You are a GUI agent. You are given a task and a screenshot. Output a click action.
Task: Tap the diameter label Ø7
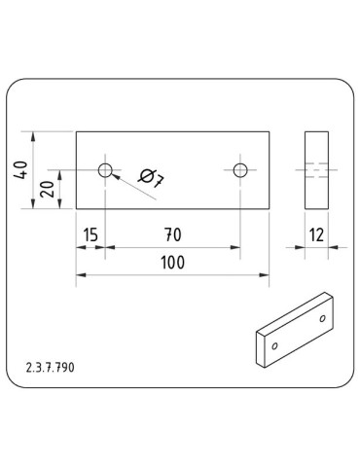152,178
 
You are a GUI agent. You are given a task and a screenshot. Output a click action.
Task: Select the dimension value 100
173,263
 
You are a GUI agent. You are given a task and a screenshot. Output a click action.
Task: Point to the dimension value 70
173,234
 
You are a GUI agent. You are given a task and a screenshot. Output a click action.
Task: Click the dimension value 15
90,234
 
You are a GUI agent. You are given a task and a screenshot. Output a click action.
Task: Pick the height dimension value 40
20,169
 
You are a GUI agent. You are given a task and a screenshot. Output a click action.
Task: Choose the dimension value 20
48,189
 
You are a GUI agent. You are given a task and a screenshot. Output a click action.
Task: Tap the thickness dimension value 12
316,234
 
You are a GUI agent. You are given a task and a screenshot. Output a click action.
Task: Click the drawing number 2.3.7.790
51,368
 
